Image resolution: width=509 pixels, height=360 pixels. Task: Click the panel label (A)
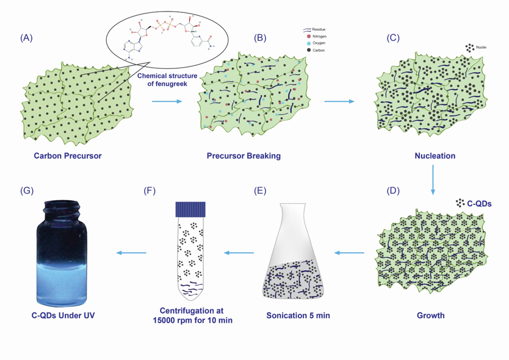(x=26, y=38)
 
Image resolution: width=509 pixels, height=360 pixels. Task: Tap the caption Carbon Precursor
(x=68, y=156)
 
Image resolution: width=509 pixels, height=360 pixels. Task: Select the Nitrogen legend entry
(x=318, y=37)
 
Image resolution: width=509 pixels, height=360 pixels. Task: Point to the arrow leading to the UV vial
(x=131, y=252)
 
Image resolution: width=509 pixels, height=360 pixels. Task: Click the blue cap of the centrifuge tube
(x=190, y=209)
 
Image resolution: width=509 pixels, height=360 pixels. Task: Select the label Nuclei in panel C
(x=480, y=47)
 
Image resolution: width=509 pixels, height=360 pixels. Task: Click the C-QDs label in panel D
(x=479, y=203)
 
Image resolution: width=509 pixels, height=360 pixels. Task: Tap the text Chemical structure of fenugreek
(x=168, y=80)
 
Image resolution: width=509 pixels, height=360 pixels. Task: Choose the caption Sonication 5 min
(x=298, y=316)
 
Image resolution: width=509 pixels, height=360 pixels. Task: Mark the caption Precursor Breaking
(x=244, y=156)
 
